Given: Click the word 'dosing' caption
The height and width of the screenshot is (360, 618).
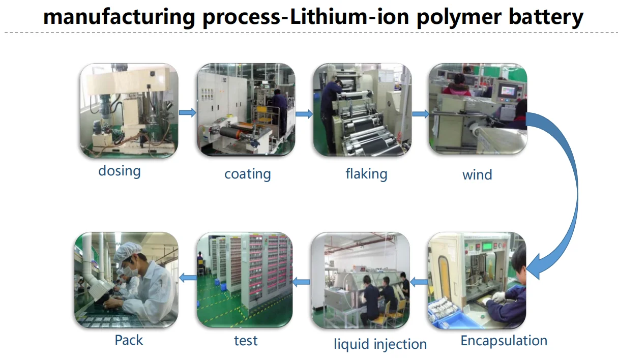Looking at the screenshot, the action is coord(120,171).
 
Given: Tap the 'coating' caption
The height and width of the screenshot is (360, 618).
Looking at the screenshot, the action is coord(248,174).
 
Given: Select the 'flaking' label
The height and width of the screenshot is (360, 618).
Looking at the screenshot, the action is coord(366,174).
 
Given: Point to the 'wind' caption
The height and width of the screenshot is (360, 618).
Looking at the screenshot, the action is coord(477,175).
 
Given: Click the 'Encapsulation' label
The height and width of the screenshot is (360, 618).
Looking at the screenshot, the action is coord(504,341).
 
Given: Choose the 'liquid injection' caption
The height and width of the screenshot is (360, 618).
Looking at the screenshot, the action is coord(380,344).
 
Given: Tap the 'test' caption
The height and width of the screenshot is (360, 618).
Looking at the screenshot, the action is coord(246,341).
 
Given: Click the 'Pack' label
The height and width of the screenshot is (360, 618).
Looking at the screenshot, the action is coord(129,340).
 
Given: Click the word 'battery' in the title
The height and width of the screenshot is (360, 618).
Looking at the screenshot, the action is coord(546,17).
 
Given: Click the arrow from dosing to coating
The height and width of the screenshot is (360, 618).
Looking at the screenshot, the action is coord(188,112).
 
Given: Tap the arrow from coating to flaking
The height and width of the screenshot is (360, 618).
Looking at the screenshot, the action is coord(304,113).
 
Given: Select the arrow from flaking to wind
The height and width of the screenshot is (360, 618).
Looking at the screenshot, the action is coord(421,114).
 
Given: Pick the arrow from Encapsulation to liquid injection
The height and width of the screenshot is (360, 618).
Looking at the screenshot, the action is coord(419,282).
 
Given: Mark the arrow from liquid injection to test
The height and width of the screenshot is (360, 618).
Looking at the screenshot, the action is coord(301,282).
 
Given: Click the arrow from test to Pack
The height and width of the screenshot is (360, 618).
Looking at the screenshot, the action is coord(188,278).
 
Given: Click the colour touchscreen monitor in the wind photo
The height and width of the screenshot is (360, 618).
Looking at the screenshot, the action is coord(508,91).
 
